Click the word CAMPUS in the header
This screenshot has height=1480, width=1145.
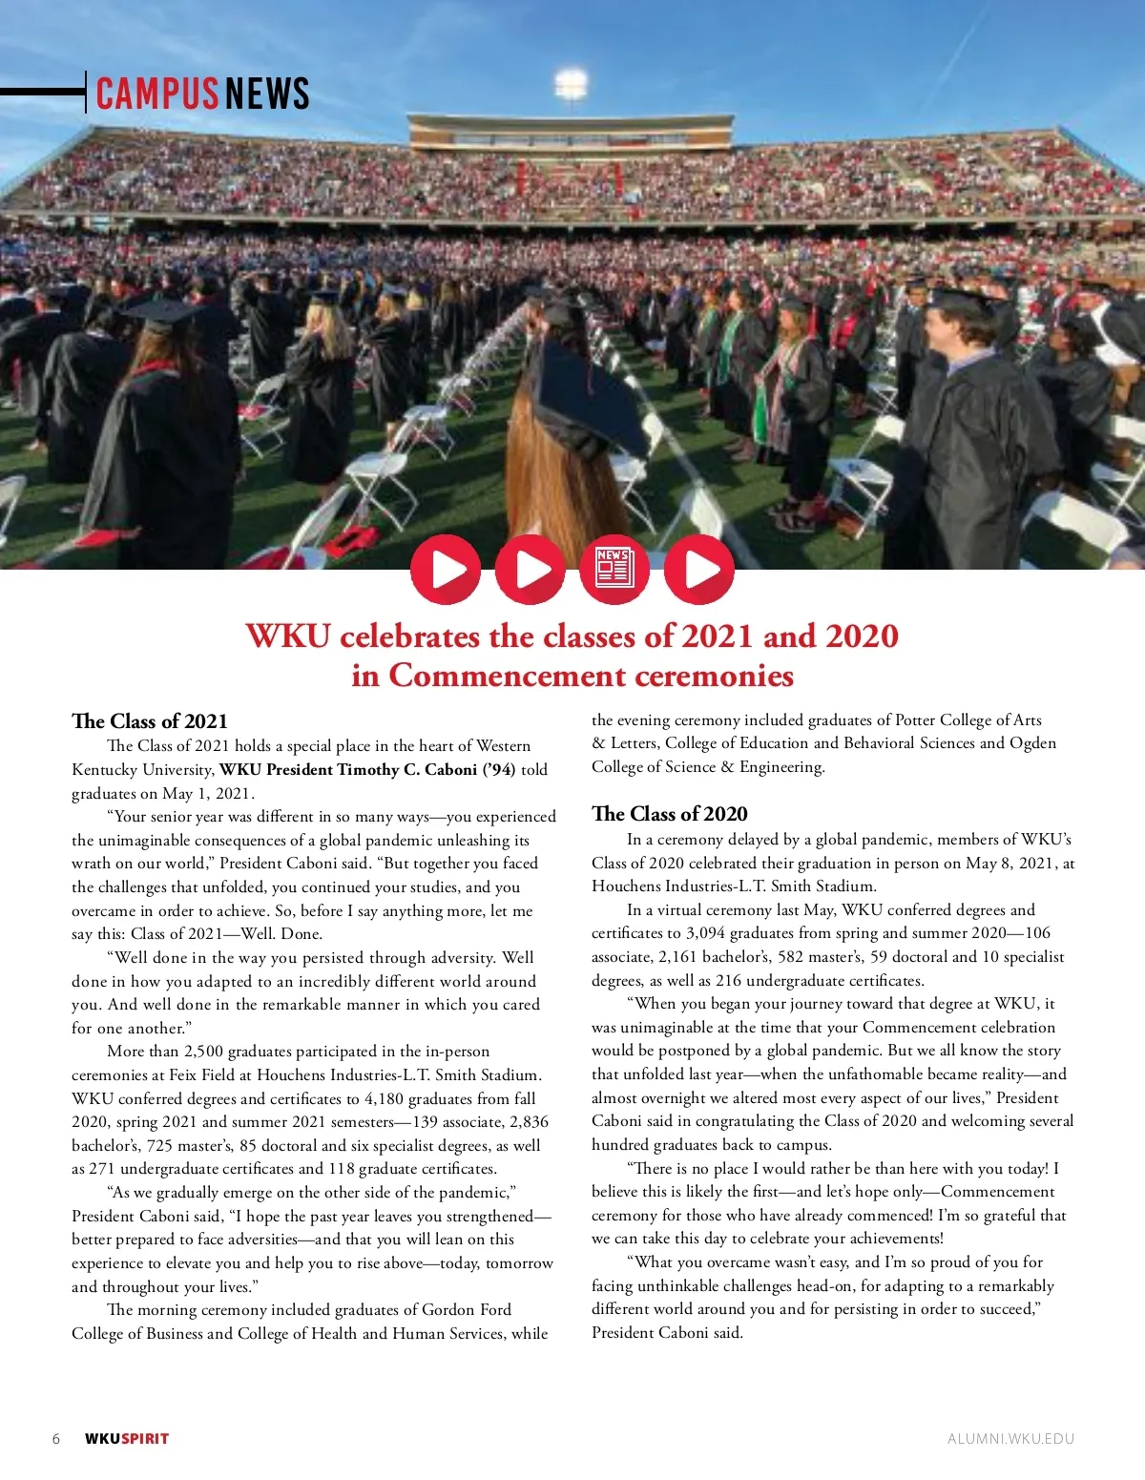pyautogui.click(x=156, y=94)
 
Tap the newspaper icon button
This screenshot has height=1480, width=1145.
pyautogui.click(x=614, y=570)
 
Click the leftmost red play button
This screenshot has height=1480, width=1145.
pyautogui.click(x=446, y=570)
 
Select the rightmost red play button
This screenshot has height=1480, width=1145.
pyautogui.click(x=699, y=570)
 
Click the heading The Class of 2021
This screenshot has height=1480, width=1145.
pyautogui.click(x=150, y=721)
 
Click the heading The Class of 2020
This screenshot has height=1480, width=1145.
pyautogui.click(x=670, y=814)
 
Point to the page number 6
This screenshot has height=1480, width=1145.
pyautogui.click(x=56, y=1439)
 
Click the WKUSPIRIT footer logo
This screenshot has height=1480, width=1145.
pyautogui.click(x=127, y=1439)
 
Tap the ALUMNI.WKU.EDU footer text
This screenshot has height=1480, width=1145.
pyautogui.click(x=1010, y=1439)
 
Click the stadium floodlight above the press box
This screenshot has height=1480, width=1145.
pyautogui.click(x=571, y=82)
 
